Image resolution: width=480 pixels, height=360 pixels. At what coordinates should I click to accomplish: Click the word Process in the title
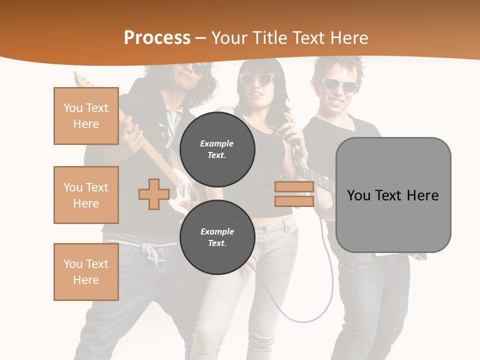point(157,38)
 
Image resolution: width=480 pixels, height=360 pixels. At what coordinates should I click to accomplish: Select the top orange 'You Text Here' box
point(86,116)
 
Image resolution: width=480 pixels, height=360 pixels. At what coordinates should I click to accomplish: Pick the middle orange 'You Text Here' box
point(86,195)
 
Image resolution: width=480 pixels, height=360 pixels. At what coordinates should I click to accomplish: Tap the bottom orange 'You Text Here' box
point(86,272)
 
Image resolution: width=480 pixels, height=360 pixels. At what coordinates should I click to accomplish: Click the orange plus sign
point(153,194)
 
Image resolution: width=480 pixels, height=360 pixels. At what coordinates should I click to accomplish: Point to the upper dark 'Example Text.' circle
point(217,149)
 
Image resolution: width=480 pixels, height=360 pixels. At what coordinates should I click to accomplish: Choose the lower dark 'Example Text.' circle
point(217,237)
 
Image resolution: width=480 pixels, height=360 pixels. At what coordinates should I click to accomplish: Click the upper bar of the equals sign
point(294,187)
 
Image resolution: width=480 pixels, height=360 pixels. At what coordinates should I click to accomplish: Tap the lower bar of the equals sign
point(294,201)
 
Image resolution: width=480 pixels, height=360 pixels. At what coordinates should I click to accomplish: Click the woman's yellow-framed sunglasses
point(257,78)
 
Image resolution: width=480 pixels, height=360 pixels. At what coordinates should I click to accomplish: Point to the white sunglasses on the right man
point(339,84)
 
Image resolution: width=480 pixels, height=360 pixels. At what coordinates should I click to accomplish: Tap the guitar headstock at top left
point(79,79)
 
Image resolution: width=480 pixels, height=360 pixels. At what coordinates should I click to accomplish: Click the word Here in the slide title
point(348,38)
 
